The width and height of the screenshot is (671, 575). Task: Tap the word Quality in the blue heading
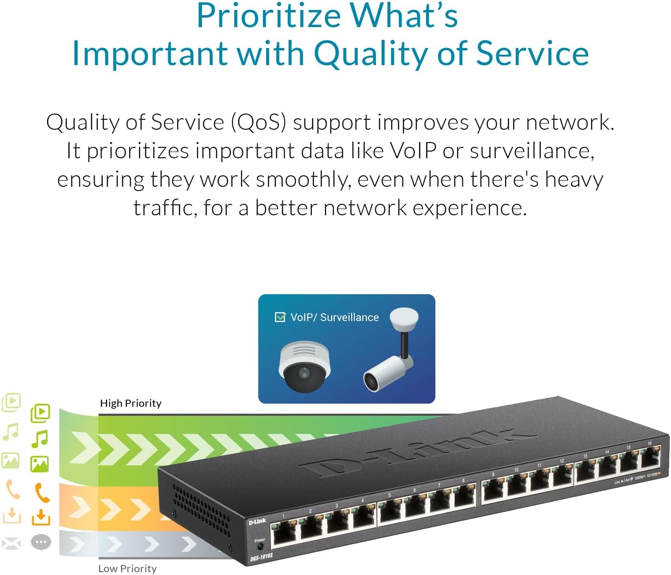pos(371,53)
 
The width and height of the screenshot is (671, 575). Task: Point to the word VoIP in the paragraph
pos(412,151)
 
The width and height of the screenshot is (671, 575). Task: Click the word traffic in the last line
pos(164,208)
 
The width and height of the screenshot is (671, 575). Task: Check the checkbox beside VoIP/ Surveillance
pos(280,317)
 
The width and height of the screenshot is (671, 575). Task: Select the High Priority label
pos(131,403)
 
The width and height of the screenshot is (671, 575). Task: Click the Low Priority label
pos(127,568)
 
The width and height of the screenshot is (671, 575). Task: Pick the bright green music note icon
pos(40,439)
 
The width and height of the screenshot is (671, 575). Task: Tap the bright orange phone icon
pos(42,493)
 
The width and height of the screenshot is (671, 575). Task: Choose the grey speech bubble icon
pos(41,542)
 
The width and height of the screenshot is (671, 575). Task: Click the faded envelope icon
pos(11,543)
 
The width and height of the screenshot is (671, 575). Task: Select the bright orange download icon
pos(41,517)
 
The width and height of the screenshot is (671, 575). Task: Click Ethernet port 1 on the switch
pos(286,533)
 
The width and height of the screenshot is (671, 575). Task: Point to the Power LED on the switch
pos(260,548)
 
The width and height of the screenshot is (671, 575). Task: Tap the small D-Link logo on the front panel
pos(257,522)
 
